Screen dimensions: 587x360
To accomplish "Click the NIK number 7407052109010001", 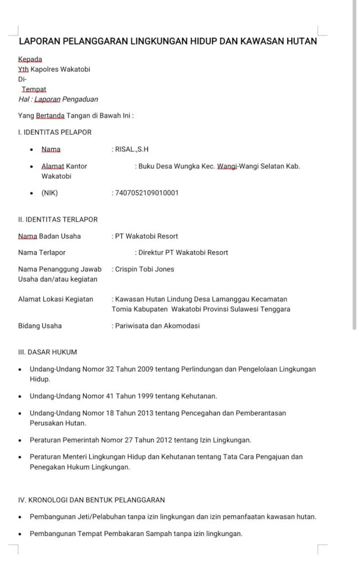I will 147,193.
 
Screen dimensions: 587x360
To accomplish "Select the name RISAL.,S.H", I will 132,150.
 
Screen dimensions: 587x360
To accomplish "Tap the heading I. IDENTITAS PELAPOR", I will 55,132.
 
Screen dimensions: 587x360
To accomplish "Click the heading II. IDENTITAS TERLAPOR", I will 58,219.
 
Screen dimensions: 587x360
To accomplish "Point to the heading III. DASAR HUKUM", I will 48,351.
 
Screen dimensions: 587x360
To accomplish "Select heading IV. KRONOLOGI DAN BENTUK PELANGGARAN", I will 92,500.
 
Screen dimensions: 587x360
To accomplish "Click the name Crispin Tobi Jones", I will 144,269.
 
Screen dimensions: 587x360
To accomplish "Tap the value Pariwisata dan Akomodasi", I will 157,326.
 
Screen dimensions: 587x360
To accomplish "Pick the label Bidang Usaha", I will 40,326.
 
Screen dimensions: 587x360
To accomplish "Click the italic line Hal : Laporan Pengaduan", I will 58,99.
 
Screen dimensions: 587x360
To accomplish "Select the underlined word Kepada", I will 30,59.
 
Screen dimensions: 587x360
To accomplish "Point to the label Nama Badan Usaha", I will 49,236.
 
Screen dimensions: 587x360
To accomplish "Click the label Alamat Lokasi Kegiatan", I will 56,299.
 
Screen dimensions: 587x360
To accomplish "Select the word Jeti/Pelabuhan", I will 97,516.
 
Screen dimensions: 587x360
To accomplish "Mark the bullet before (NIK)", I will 32,193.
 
